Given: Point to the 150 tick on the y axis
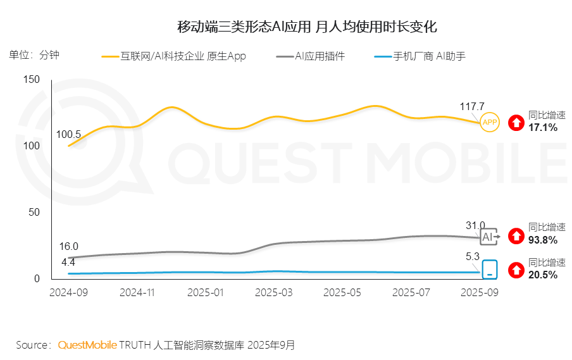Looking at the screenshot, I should click(32, 79).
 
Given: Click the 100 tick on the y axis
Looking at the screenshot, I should click(32, 146).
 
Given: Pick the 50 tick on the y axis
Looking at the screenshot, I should click(34, 212).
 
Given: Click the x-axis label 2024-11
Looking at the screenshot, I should click(137, 293).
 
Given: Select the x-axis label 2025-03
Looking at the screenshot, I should click(274, 293).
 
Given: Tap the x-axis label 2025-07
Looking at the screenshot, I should click(411, 293).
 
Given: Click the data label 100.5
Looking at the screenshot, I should click(68, 134).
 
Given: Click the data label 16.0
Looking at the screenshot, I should click(68, 246).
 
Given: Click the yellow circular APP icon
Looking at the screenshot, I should click(490, 122).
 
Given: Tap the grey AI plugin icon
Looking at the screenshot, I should click(489, 237).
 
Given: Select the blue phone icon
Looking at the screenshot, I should click(490, 270).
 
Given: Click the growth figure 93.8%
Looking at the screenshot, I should click(543, 240).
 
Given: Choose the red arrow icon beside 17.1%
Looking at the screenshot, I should click(517, 122).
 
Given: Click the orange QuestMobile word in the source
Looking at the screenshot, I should click(87, 345).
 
